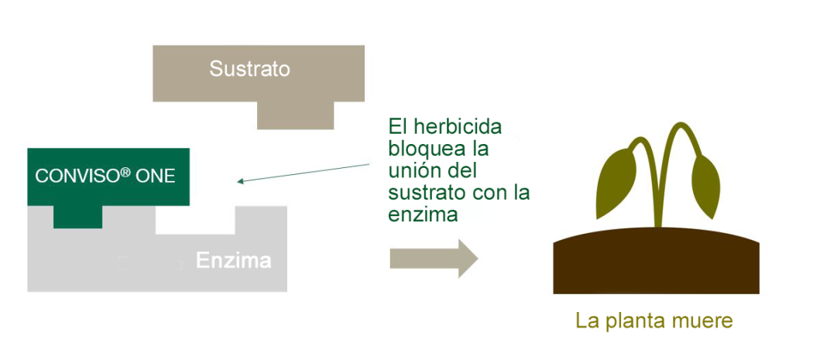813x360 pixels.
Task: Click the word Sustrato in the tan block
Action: point(249,68)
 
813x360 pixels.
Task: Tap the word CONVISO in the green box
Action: point(77,177)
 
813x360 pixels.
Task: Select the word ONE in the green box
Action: point(155,177)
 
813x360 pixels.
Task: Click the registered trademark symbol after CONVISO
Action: point(125,172)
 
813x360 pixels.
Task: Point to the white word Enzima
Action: point(233,260)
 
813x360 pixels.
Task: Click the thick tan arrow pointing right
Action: point(434,259)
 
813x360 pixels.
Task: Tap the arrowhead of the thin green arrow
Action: point(240,181)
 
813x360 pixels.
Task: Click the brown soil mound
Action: point(656,260)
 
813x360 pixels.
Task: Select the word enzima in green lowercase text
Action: point(423,214)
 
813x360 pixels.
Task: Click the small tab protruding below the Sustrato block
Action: point(296,115)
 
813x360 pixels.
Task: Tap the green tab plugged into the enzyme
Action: point(77,217)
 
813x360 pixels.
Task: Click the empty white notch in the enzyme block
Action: point(195,220)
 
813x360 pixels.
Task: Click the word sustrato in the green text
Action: point(426,193)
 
